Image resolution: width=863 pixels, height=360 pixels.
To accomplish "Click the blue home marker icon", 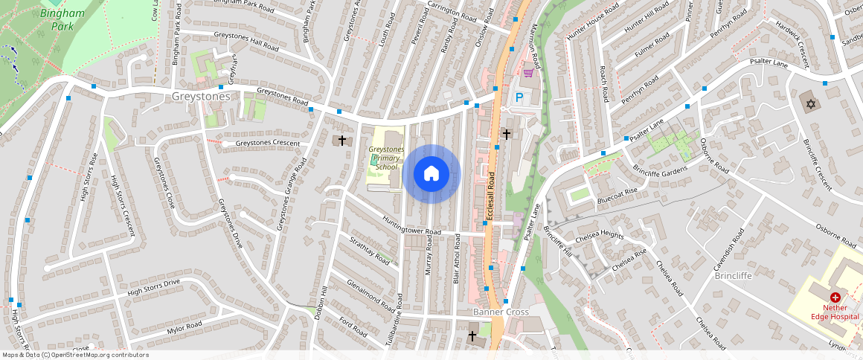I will click(x=431, y=174).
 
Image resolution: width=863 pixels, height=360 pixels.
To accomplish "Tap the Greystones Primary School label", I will click(x=386, y=158).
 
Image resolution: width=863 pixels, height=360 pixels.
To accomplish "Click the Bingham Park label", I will click(x=62, y=19).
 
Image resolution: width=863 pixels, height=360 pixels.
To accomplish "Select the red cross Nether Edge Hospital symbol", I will click(x=835, y=297).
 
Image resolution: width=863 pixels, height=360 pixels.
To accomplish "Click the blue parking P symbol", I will click(x=519, y=97).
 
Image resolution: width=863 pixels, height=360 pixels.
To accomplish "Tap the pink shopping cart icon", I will click(x=528, y=73).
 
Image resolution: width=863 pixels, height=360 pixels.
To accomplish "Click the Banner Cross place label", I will click(x=501, y=312).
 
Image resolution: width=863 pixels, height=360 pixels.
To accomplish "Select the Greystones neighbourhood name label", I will click(x=201, y=96).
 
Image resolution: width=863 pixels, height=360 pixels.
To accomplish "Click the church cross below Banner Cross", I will click(x=472, y=337).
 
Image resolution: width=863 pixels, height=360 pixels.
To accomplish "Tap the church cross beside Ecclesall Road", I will click(x=506, y=134).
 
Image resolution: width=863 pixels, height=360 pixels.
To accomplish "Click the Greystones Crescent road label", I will click(x=267, y=143).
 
